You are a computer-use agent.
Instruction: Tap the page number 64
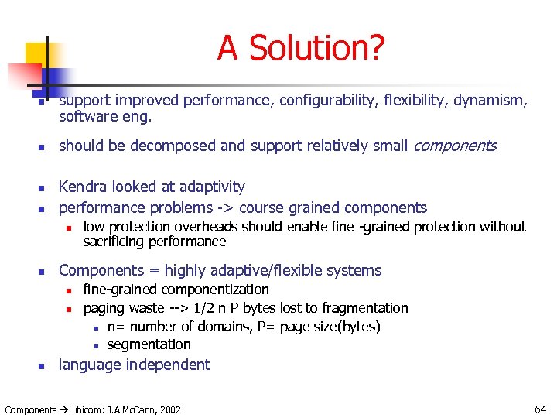coord(539,409)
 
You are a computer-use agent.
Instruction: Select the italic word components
coord(455,146)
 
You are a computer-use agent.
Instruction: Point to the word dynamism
coord(494,100)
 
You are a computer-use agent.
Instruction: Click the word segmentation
coord(149,344)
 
